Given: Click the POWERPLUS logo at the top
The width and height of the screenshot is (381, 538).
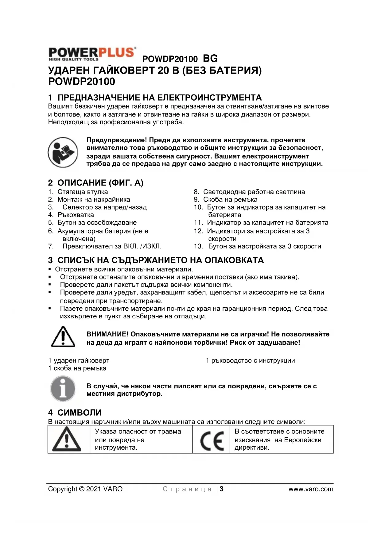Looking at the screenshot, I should [x=92, y=54].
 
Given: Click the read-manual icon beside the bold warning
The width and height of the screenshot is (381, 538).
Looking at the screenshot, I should [x=63, y=152].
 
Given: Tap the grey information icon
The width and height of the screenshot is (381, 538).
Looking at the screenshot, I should [x=63, y=389].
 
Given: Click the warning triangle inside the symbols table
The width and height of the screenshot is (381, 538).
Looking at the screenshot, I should [x=67, y=440].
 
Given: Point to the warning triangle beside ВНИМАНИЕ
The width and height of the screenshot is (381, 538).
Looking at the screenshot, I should [x=63, y=337].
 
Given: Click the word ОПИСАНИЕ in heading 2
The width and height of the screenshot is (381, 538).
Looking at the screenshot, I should [x=82, y=183].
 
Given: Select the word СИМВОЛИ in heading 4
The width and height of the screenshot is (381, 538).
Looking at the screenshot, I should [x=80, y=413].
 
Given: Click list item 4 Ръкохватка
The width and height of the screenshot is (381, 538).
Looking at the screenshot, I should [x=76, y=215].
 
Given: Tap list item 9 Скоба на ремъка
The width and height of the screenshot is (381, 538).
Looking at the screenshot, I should [x=230, y=199].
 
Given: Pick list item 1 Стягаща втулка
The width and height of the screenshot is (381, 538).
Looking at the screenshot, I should [x=83, y=192].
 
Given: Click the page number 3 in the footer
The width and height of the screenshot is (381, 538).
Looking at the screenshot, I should [x=222, y=489].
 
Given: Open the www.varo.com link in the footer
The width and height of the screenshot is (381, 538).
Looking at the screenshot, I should [x=311, y=489].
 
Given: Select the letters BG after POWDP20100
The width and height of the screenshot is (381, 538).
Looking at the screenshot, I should [x=210, y=58].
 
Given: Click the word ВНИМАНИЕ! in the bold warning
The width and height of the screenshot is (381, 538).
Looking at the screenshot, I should [x=107, y=334].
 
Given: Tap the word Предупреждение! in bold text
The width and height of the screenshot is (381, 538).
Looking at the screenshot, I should [x=117, y=140].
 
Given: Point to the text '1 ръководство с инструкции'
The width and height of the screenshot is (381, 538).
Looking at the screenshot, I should [x=250, y=360].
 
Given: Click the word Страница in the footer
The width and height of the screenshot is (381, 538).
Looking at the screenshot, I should [x=187, y=489].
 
